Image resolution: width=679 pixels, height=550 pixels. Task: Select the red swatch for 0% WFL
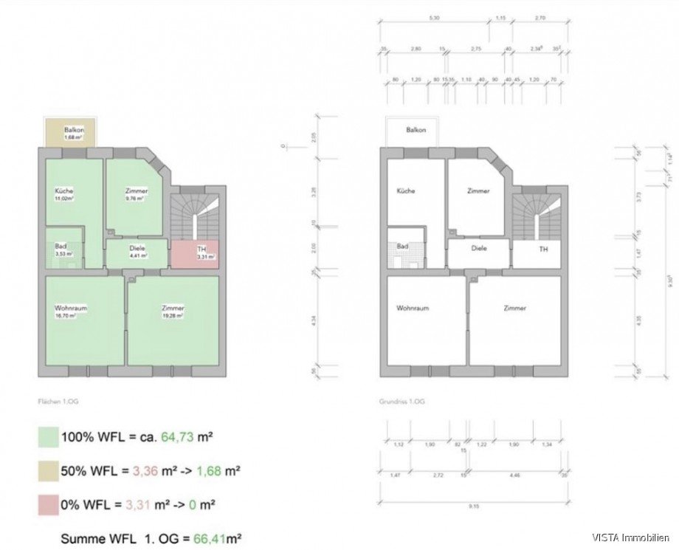click(49, 504)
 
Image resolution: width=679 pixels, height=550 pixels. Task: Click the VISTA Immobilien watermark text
click(634, 537)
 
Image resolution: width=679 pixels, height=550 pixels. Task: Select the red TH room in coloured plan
click(195, 254)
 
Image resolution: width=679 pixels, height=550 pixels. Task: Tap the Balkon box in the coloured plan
click(72, 133)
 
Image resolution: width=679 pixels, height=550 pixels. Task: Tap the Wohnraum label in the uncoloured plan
click(413, 308)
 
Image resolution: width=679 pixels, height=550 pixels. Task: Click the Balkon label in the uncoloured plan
click(416, 130)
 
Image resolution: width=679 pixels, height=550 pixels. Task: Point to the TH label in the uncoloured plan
click(543, 250)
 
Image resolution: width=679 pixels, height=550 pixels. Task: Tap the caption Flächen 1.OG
click(59, 402)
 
